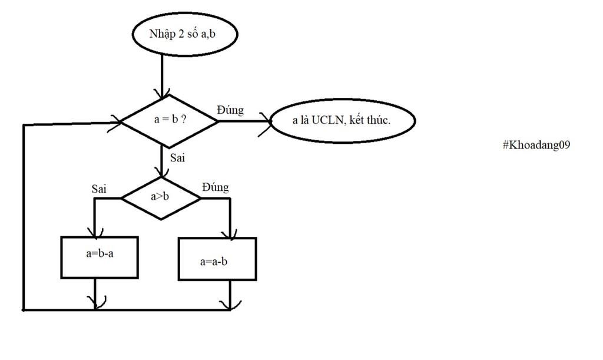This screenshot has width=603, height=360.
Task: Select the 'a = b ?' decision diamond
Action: click(169, 120)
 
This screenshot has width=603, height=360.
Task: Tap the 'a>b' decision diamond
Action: click(160, 197)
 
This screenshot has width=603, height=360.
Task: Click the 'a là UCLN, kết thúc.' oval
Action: click(342, 121)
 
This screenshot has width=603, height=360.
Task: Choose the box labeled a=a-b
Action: click(217, 259)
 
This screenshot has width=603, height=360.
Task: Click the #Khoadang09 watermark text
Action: click(536, 145)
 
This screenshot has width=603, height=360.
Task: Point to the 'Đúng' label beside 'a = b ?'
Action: click(230, 110)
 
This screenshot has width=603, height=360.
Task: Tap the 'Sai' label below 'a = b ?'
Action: click(178, 157)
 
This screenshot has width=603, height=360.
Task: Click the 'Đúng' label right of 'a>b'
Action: click(215, 187)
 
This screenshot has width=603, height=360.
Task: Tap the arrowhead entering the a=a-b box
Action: click(230, 234)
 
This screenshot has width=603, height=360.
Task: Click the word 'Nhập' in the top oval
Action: click(162, 34)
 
